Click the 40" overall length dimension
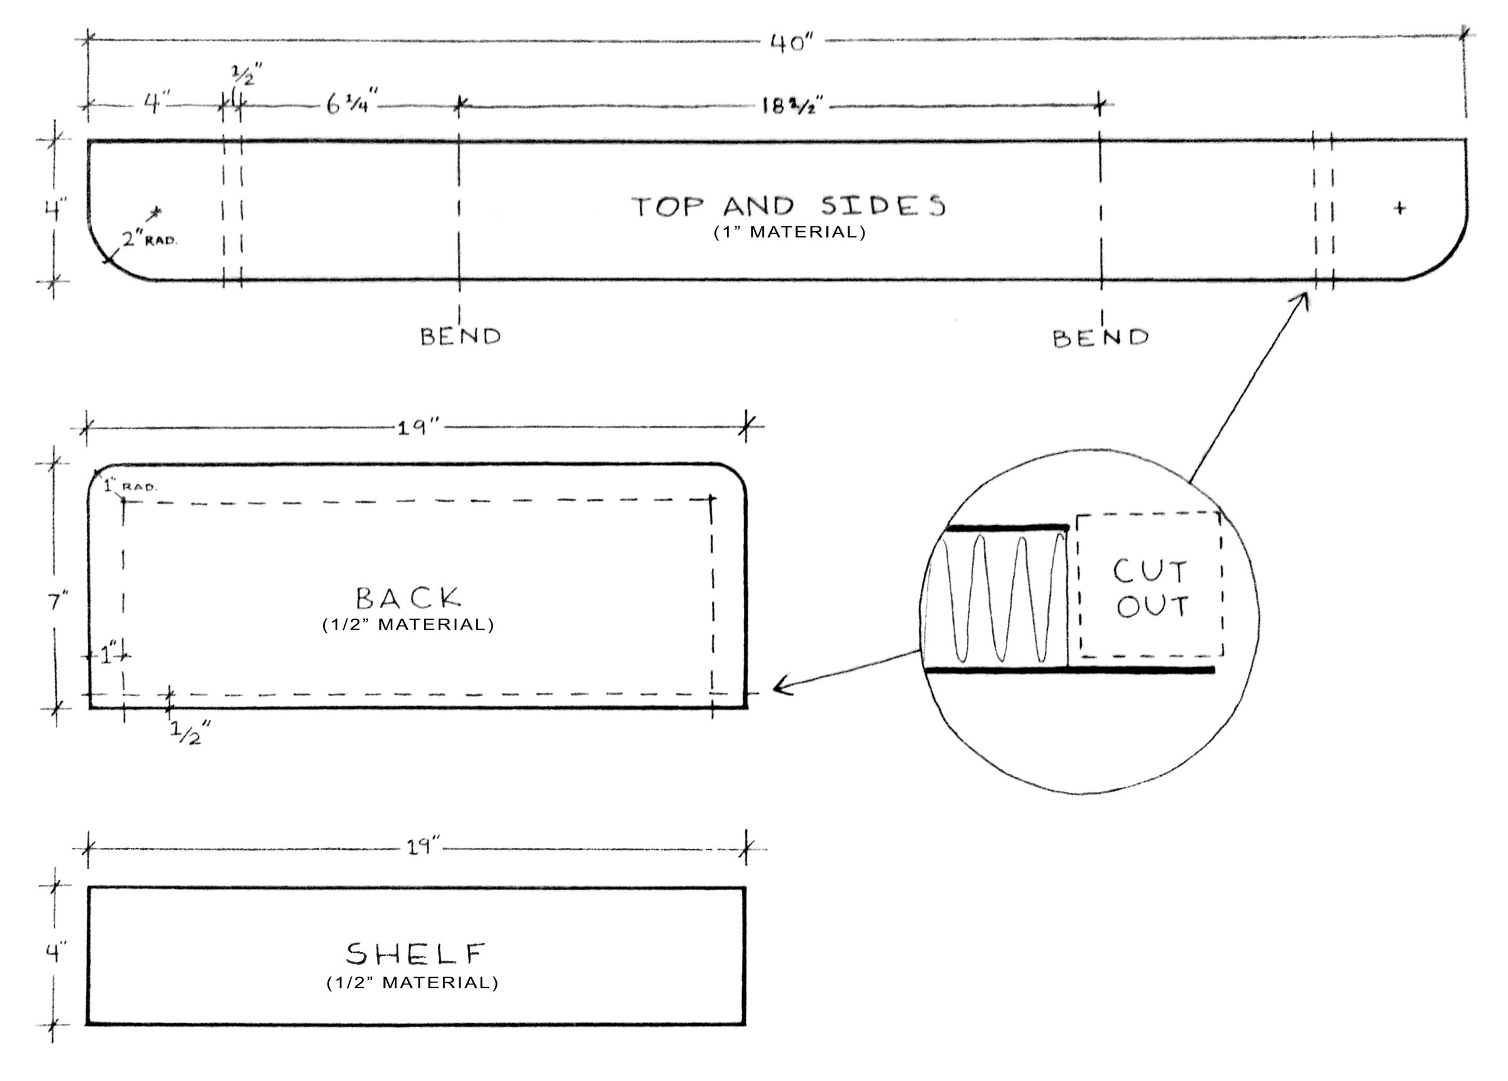(x=792, y=43)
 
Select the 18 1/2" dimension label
(x=792, y=105)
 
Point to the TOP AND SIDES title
(x=789, y=206)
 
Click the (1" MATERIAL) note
(x=790, y=232)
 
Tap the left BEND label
(x=460, y=337)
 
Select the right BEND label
(x=1100, y=338)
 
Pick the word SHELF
(x=415, y=954)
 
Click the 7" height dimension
(x=58, y=602)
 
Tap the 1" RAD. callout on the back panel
(x=130, y=486)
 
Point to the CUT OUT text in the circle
(x=1151, y=589)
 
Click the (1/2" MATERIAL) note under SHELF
(x=412, y=982)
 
